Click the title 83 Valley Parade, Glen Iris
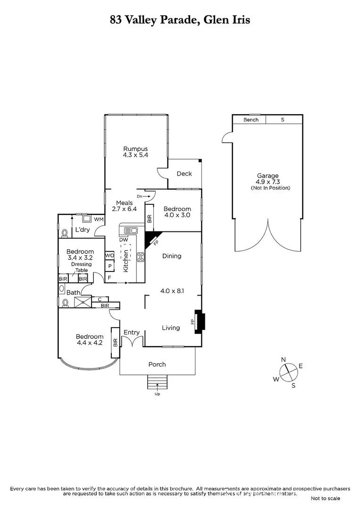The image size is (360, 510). tap(180, 20)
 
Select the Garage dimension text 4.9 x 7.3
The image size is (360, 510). tap(268, 182)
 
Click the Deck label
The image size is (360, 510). tap(184, 174)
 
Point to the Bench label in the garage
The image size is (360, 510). tap(251, 120)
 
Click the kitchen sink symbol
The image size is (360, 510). tap(130, 230)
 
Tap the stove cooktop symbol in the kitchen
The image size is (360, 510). tap(141, 257)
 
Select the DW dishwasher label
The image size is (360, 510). tap(124, 240)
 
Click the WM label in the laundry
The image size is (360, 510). tap(99, 219)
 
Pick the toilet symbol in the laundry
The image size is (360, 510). tap(64, 232)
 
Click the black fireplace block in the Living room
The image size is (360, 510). tap(201, 322)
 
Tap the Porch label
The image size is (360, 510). tap(157, 364)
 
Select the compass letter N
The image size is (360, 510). tap(284, 360)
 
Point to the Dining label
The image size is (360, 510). tap(172, 256)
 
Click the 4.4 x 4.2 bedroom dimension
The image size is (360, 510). tap(89, 343)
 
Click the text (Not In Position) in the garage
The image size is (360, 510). tap(270, 188)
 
